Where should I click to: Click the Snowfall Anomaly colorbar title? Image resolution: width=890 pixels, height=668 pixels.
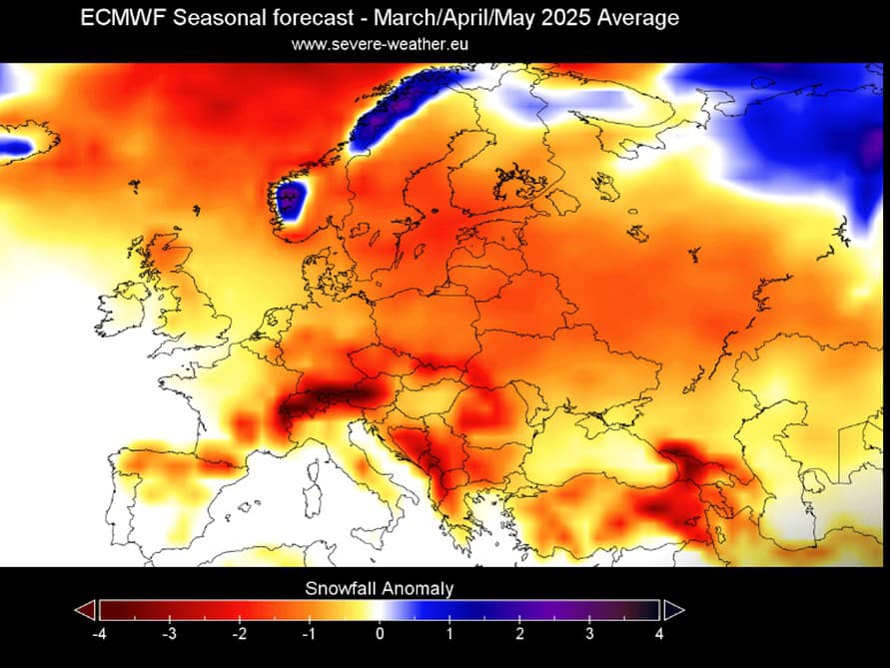point(379,589)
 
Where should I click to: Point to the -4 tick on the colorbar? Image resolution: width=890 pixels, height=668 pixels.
point(99,632)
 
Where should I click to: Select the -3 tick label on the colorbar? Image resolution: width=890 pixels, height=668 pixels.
point(169,632)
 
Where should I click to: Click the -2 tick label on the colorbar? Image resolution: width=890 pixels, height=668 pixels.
point(239,632)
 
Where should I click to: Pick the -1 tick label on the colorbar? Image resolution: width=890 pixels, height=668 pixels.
point(309,632)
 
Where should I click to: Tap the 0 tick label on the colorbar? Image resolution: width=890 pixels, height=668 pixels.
point(380,632)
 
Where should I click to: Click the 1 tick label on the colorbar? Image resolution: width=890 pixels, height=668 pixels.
point(449,632)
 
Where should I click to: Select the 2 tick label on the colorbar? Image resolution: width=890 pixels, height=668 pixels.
point(519,632)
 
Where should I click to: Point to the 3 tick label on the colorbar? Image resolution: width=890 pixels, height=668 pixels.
point(589,632)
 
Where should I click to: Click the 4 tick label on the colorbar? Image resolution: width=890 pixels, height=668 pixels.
point(659,632)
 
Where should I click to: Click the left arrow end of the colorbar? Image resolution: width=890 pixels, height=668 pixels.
point(86,610)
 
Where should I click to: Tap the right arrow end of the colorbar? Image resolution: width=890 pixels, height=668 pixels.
point(673,610)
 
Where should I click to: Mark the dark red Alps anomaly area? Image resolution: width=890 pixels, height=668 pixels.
point(335,394)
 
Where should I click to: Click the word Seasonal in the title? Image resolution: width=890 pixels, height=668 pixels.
point(215,19)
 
